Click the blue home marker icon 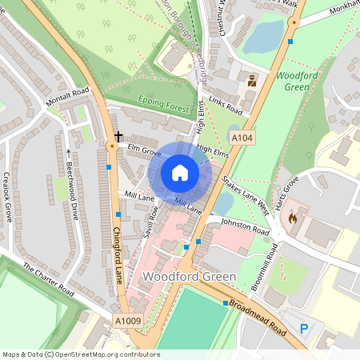point(180,173)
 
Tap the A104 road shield point(242,138)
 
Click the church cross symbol point(118,137)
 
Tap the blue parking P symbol point(304,328)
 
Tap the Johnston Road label point(246,228)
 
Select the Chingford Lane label point(118,252)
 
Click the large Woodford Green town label point(189,277)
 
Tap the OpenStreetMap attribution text point(80,354)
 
